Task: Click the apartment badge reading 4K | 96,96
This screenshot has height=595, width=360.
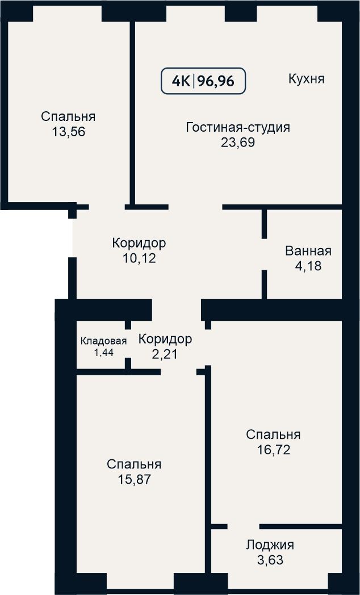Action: coord(203,81)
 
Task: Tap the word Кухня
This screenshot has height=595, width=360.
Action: coord(307,79)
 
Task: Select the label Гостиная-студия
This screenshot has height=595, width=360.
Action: coord(238,127)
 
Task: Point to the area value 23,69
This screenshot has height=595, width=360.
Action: coord(238,143)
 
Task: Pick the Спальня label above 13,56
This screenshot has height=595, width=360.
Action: coord(68,116)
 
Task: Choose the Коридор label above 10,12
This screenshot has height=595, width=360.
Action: coord(139,243)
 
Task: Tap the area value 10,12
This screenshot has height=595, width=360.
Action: coord(139,258)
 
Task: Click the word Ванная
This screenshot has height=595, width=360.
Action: coord(308,251)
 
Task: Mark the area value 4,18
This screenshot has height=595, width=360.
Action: coord(308,266)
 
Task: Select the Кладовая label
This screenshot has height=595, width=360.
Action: coord(103,341)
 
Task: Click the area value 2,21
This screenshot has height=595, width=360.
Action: coord(165,354)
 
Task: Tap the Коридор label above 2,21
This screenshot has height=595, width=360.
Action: coord(165,339)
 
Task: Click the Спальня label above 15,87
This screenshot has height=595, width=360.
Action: coord(134,464)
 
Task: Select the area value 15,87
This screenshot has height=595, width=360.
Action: coord(134,479)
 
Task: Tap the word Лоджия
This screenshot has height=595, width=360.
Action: coord(270,545)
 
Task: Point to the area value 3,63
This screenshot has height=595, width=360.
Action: coord(270,560)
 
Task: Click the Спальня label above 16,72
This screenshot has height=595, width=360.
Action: coord(273,434)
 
